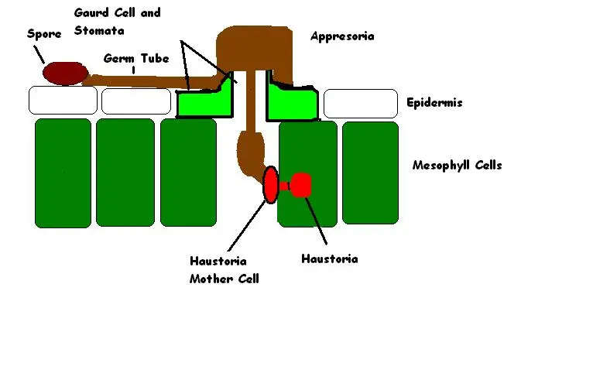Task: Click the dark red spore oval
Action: coord(66,74)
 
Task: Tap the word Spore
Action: coord(44,34)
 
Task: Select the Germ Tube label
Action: coord(136,58)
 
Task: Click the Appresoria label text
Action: coord(342,36)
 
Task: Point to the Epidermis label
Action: coord(434,102)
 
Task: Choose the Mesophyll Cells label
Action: coord(458,165)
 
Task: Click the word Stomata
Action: coord(99,30)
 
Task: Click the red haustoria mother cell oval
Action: coord(271,185)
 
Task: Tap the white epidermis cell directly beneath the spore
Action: coord(63,100)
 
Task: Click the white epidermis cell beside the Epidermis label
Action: coord(361,103)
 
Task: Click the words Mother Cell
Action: coord(225,279)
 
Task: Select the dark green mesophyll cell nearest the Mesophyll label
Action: coord(370,173)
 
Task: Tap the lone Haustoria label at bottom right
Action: coord(330,259)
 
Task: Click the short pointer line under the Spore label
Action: coord(39,54)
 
